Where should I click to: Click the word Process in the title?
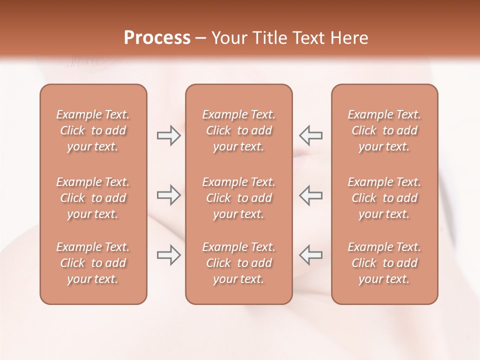(x=157, y=38)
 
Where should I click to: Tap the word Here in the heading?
(x=348, y=38)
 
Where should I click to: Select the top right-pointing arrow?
(x=169, y=135)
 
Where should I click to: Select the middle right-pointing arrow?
(x=169, y=195)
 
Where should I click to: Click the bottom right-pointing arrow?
(x=169, y=255)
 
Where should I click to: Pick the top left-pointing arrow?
(x=310, y=135)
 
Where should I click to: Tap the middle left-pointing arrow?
(x=310, y=195)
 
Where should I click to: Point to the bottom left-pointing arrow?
(x=310, y=255)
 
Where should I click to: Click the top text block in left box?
(x=93, y=130)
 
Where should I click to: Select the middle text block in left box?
(x=93, y=198)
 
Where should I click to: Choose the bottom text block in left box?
(x=93, y=263)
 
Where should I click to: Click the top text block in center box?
(x=238, y=130)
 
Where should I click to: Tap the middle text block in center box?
(x=238, y=198)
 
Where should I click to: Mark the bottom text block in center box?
(x=238, y=263)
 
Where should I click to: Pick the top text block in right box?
(x=384, y=130)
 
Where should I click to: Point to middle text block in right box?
(x=384, y=198)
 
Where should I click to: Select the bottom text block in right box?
(x=384, y=263)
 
